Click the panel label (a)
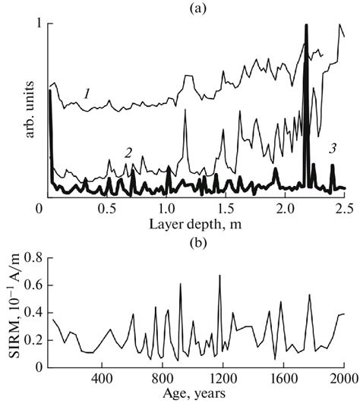(x=197, y=8)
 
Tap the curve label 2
(x=129, y=153)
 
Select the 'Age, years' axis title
(x=197, y=396)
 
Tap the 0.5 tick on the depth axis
(x=107, y=208)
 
